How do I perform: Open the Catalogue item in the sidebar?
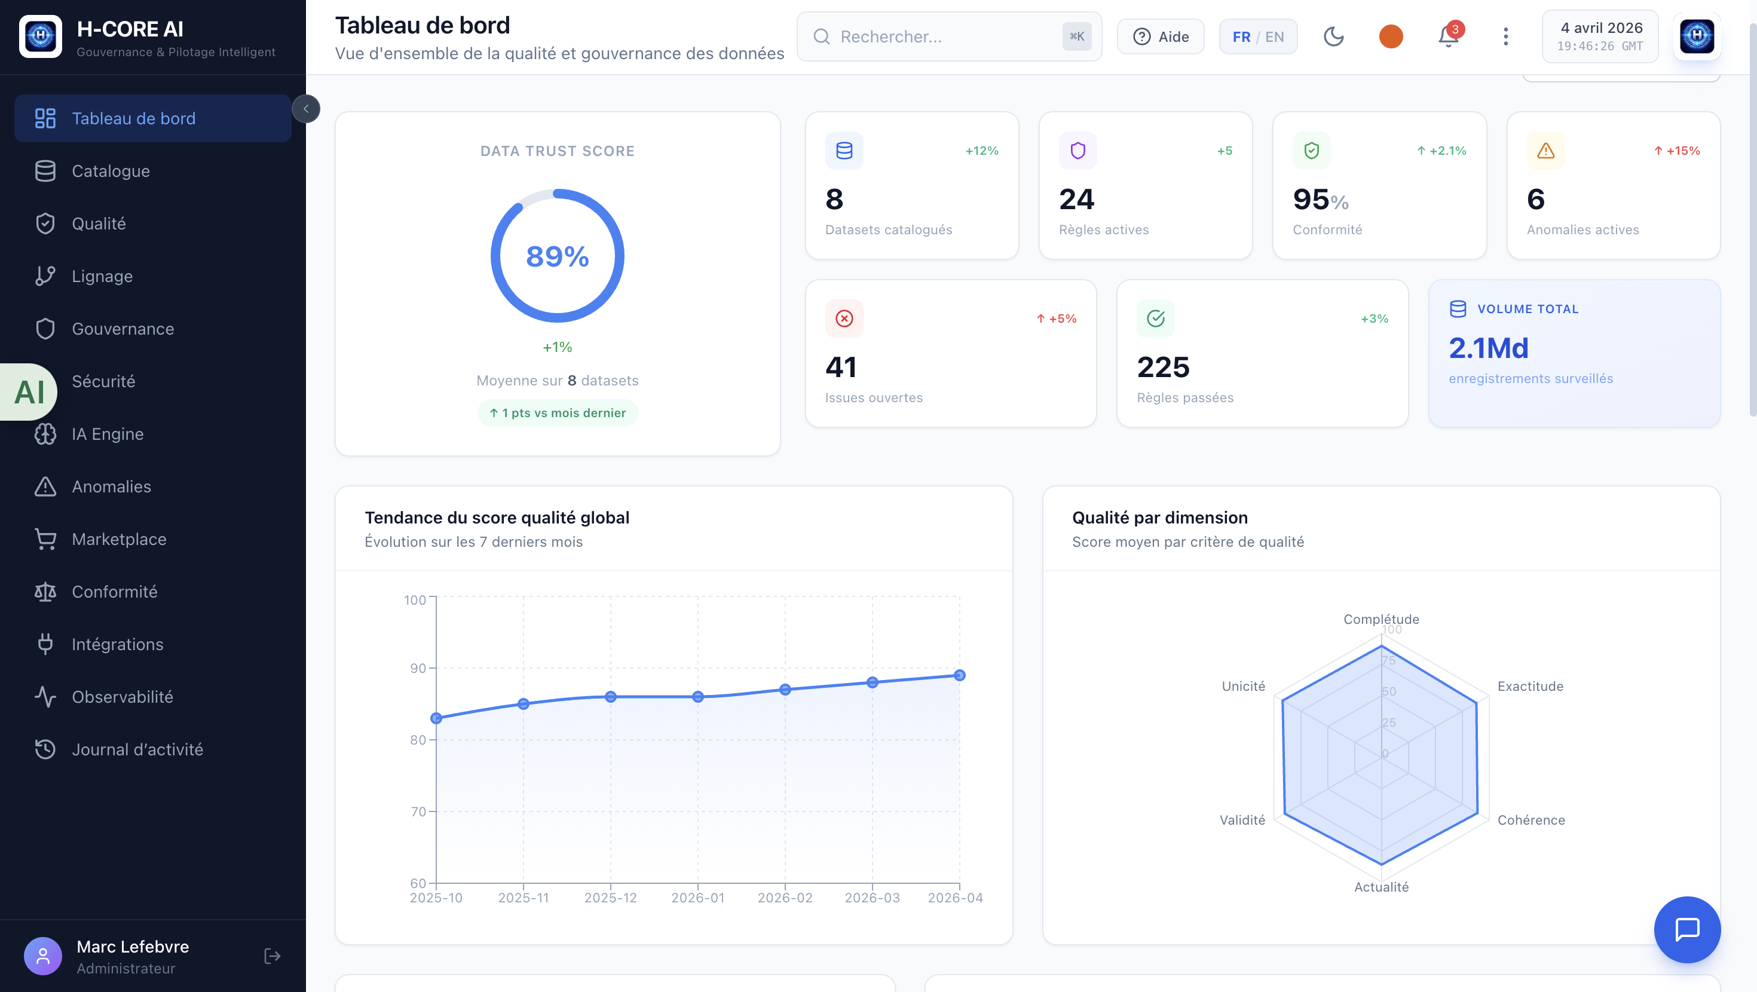tap(111, 172)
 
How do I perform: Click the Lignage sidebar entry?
tap(102, 276)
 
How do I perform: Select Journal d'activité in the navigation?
tap(137, 749)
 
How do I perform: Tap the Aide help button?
tap(1160, 37)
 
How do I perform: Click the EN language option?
tap(1274, 37)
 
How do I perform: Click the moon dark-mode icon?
tap(1333, 37)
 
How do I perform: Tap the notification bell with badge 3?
tap(1448, 36)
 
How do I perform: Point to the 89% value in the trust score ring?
tap(557, 256)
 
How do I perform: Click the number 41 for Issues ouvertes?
tap(840, 367)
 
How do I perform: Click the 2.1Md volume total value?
tap(1488, 348)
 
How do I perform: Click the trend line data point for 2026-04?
tap(959, 675)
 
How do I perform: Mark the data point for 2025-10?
tap(436, 718)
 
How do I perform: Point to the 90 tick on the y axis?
tap(417, 669)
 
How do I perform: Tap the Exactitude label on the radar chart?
tap(1530, 687)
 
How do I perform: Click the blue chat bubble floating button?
tap(1686, 929)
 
